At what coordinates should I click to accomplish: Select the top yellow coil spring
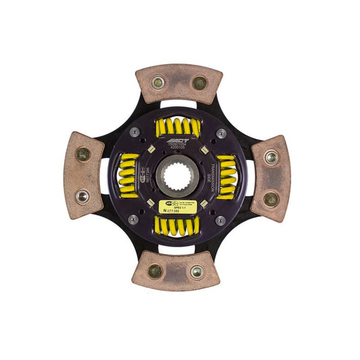tap(178, 126)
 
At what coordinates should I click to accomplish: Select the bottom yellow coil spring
tap(176, 226)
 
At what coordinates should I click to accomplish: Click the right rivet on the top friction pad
tap(199, 82)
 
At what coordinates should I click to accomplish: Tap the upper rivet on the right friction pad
tap(271, 157)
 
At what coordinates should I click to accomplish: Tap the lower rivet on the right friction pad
tap(271, 199)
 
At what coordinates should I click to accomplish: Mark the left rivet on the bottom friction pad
tap(155, 271)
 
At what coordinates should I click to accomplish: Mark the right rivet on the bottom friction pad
tap(197, 272)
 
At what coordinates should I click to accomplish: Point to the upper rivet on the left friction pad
tap(83, 155)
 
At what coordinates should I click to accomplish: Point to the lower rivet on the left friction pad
tap(82, 196)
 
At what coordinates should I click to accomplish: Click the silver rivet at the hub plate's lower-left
tap(134, 219)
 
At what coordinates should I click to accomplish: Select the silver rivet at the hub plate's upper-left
tap(134, 132)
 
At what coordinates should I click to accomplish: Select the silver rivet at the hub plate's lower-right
tap(220, 220)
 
